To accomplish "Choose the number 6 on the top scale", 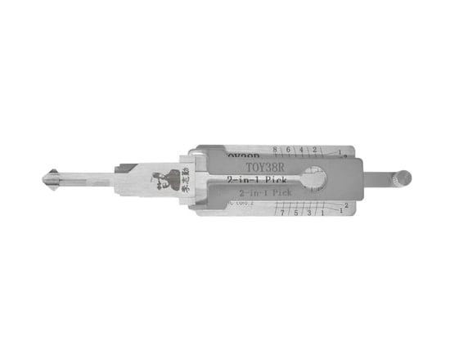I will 289,150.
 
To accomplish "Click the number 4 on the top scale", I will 302,150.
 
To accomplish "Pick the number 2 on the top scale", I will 314,150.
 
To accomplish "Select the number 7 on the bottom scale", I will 282,212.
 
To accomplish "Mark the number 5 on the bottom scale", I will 295,212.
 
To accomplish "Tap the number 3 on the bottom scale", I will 308,212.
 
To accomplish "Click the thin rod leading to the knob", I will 376,178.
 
